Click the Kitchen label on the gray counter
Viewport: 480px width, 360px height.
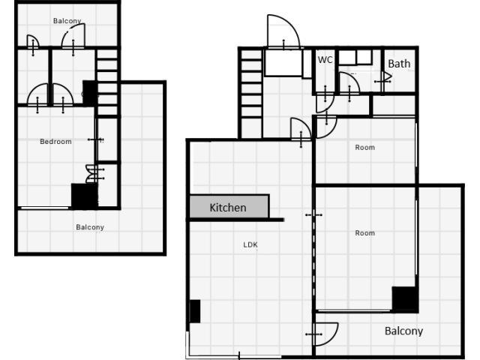(228, 208)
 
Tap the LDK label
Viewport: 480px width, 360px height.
(250, 244)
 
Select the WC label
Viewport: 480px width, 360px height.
(325, 60)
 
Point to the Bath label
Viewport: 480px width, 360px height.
(399, 64)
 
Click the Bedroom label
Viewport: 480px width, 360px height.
(55, 142)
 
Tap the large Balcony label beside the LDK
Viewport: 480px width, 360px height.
(403, 331)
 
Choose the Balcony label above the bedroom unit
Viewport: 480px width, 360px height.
(67, 21)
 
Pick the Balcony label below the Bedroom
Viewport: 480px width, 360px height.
(90, 227)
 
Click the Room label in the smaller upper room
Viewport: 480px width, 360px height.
(365, 148)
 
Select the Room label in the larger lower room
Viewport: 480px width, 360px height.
(365, 233)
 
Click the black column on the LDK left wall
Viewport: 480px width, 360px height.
(195, 311)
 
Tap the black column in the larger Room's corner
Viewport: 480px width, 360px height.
(403, 298)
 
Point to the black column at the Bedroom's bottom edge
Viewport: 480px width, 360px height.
(85, 196)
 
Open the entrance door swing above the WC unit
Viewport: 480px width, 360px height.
(283, 31)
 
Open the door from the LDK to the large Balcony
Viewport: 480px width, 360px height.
(326, 334)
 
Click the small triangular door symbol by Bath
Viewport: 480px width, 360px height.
(387, 77)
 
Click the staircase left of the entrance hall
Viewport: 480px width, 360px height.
(251, 93)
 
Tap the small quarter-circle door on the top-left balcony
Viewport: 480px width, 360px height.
(33, 41)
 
